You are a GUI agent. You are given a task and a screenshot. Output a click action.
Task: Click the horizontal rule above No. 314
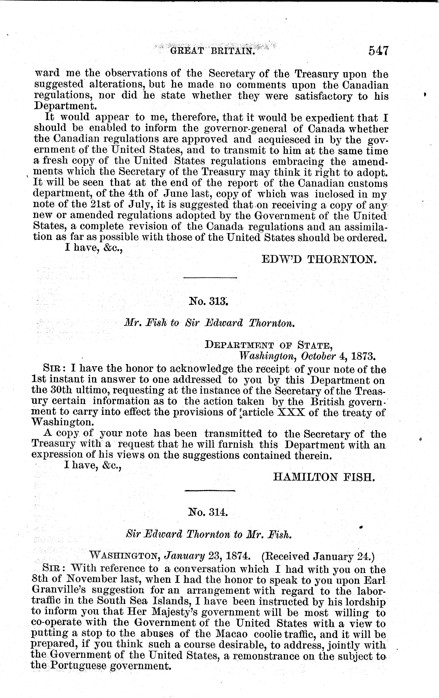(210, 491)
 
